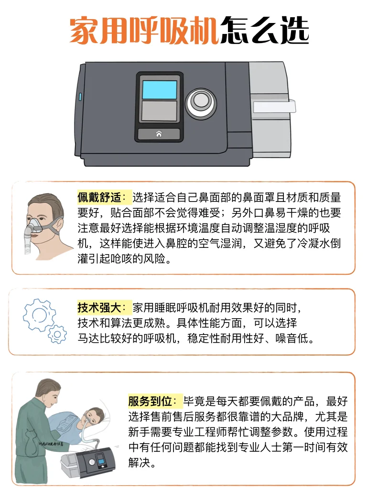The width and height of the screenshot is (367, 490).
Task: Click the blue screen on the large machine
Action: point(160,89)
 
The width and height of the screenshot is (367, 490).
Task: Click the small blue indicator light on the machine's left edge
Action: point(80,97)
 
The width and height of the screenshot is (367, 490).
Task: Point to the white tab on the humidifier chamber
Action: point(274,107)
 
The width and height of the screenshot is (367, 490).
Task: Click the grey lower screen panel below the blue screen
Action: point(160,111)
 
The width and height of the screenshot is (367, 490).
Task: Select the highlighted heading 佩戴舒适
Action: point(99,198)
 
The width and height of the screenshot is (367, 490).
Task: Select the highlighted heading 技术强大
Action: point(99,308)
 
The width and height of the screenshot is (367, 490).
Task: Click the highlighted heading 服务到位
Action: point(150,401)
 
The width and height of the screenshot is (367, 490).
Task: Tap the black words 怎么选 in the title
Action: point(265,30)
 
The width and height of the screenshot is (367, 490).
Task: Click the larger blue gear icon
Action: point(39,315)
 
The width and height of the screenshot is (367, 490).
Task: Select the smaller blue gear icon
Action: point(57,334)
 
